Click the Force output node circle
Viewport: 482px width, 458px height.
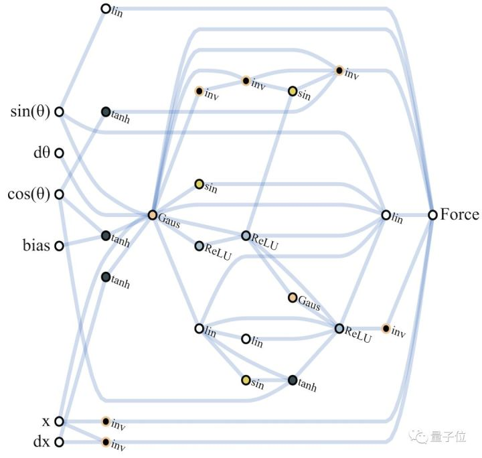[x=433, y=215]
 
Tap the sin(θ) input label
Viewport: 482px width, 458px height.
[x=30, y=111]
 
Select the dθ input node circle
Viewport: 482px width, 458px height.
[x=59, y=153]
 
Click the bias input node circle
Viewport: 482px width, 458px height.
[x=59, y=246]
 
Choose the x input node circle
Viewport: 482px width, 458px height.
[x=59, y=421]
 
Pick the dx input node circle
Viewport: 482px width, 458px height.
[x=59, y=442]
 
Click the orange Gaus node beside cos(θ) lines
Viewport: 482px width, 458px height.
[x=153, y=216]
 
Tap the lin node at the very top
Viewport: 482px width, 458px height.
[x=105, y=9]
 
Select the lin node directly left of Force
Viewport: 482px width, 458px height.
[x=386, y=215]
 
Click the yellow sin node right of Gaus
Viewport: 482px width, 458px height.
[x=199, y=183]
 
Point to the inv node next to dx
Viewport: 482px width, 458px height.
[x=105, y=442]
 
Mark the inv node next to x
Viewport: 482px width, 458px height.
[x=105, y=421]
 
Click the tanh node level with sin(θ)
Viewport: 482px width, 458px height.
[x=106, y=112]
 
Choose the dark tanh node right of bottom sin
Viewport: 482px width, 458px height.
[x=293, y=380]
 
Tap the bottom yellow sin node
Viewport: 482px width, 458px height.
[x=246, y=380]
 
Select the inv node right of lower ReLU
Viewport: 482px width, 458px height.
[x=386, y=328]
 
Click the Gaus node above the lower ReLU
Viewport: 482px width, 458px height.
[x=293, y=297]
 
